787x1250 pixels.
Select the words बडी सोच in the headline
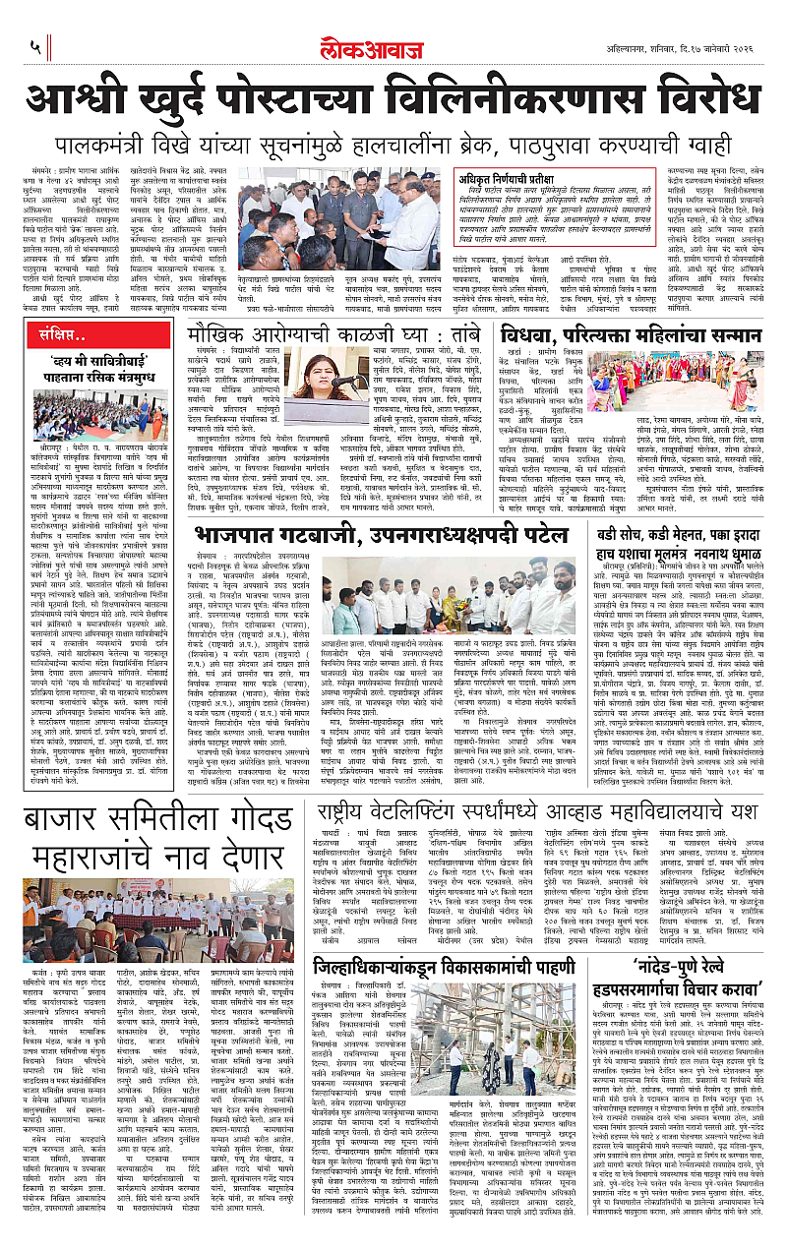616,534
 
